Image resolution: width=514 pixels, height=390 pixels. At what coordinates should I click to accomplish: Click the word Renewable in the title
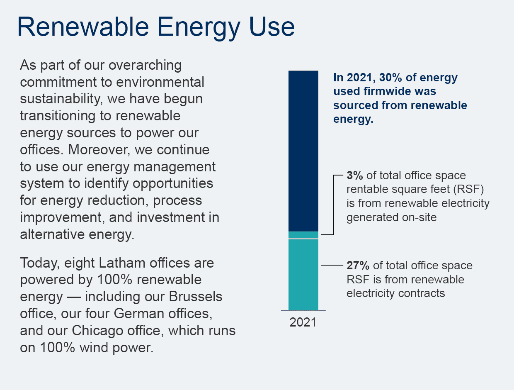tap(83, 27)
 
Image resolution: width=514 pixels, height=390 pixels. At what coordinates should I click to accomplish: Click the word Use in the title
tap(272, 27)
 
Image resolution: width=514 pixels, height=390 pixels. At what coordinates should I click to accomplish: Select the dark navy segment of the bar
tap(303, 151)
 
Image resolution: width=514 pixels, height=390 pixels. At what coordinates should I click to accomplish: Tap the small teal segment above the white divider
tap(303, 235)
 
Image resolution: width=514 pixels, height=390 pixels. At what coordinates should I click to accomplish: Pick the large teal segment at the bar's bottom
tap(303, 275)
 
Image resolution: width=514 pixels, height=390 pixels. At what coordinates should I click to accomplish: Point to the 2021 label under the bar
tap(303, 322)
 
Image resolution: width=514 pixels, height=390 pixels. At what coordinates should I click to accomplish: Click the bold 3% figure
tap(354, 175)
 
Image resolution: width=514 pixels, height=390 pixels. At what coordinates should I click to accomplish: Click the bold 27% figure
tap(358, 266)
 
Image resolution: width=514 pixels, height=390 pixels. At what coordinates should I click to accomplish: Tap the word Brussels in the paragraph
tap(196, 297)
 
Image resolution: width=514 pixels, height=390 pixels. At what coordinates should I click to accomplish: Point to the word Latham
tap(122, 263)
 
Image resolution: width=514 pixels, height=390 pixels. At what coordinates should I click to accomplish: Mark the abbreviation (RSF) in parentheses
tap(468, 189)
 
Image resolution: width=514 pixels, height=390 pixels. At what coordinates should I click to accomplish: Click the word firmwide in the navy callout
tap(388, 91)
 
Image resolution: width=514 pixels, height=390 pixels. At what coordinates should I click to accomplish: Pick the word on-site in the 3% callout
tap(419, 217)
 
